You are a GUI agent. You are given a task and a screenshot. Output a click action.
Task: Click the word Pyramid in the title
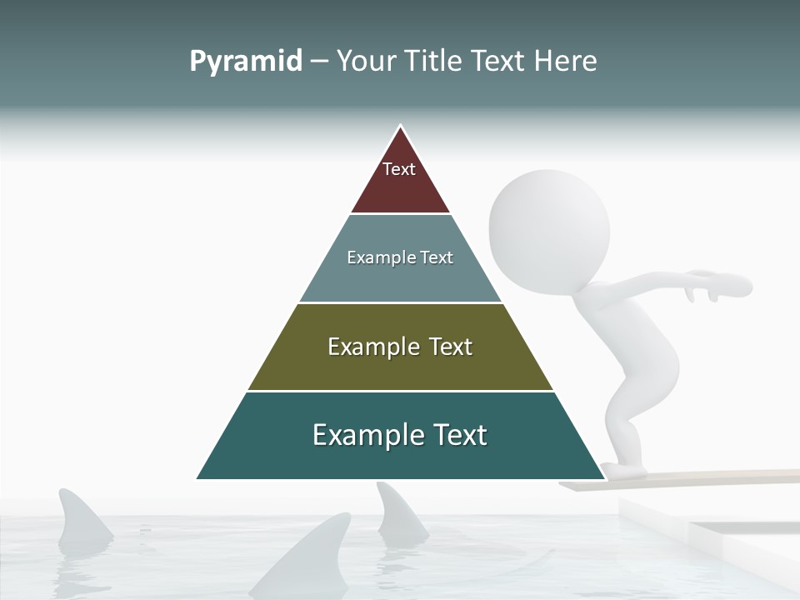pos(246,62)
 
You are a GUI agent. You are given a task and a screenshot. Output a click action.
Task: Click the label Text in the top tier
pos(399,169)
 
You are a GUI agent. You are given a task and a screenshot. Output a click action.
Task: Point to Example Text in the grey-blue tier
pos(400,257)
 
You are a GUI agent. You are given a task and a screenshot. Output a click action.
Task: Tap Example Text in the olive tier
pos(400,347)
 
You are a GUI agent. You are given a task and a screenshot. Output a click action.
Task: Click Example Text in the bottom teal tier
pos(400,435)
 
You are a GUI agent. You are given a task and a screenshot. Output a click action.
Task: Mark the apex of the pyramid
pos(400,127)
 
